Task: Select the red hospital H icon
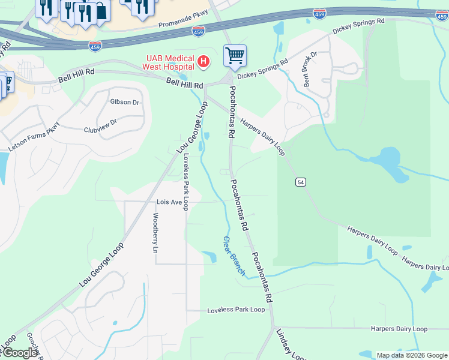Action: click(203, 61)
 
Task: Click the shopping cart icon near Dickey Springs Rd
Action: click(235, 55)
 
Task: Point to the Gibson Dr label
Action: click(124, 102)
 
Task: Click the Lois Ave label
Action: click(169, 202)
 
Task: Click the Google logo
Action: click(19, 353)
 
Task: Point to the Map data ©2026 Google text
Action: click(411, 355)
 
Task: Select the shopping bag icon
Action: click(101, 11)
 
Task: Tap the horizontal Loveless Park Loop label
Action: click(236, 310)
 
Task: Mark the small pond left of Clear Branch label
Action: click(209, 257)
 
